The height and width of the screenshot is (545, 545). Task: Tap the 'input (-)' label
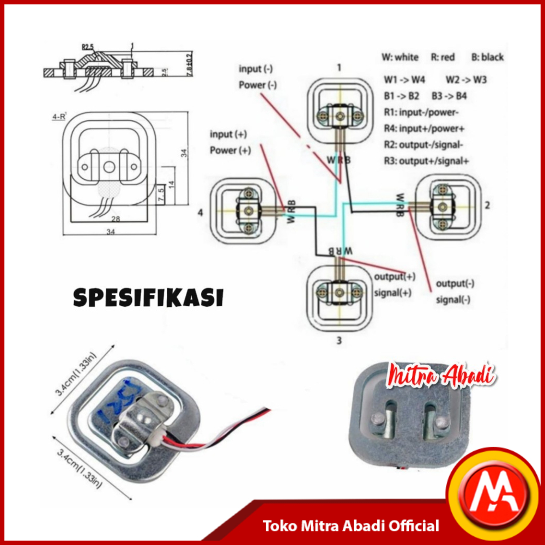click(256, 69)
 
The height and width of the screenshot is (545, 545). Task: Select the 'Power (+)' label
click(230, 150)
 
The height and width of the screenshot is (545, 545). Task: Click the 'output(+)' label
click(395, 276)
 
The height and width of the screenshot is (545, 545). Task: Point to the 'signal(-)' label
click(453, 300)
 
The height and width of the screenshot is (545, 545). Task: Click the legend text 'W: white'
click(400, 57)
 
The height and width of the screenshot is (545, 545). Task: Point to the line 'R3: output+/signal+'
click(426, 161)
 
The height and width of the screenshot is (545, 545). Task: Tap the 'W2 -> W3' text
click(466, 80)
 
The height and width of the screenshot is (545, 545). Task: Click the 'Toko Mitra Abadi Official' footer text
click(352, 526)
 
